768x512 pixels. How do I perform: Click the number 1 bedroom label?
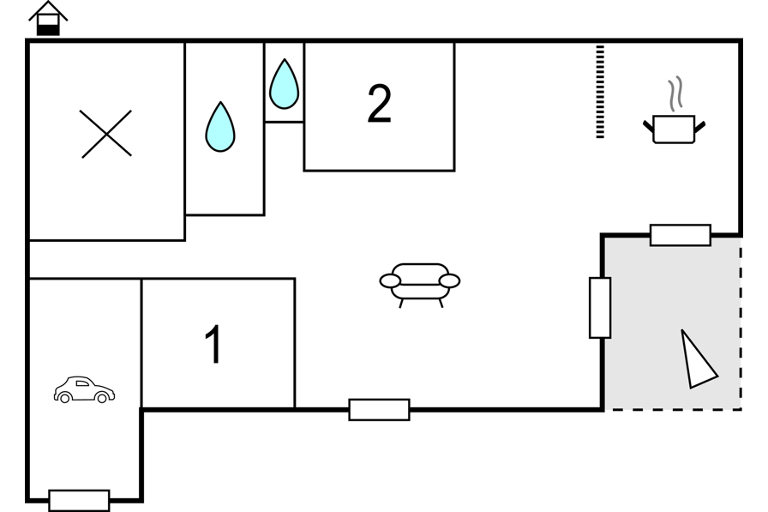pyautogui.click(x=213, y=344)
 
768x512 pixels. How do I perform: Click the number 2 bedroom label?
pyautogui.click(x=380, y=104)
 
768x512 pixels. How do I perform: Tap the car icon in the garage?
pyautogui.click(x=84, y=390)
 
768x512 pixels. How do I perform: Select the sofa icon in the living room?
pyautogui.click(x=420, y=285)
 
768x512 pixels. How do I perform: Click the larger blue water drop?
pyautogui.click(x=220, y=127)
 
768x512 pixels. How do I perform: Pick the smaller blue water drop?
pyautogui.click(x=284, y=84)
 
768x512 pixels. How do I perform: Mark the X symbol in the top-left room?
pyautogui.click(x=105, y=134)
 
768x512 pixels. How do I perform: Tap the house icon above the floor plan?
pyautogui.click(x=48, y=19)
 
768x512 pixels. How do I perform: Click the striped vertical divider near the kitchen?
pyautogui.click(x=600, y=92)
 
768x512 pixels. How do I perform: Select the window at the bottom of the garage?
pyautogui.click(x=80, y=500)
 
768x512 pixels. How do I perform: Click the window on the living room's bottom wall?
pyautogui.click(x=379, y=410)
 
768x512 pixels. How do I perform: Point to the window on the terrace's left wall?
pyautogui.click(x=600, y=308)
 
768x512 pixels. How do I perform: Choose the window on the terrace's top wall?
pyautogui.click(x=681, y=235)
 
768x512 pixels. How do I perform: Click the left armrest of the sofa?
pyautogui.click(x=390, y=280)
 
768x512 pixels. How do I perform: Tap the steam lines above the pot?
pyautogui.click(x=675, y=93)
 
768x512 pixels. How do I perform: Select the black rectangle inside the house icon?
pyautogui.click(x=48, y=30)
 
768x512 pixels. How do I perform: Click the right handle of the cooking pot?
pyautogui.click(x=700, y=127)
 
